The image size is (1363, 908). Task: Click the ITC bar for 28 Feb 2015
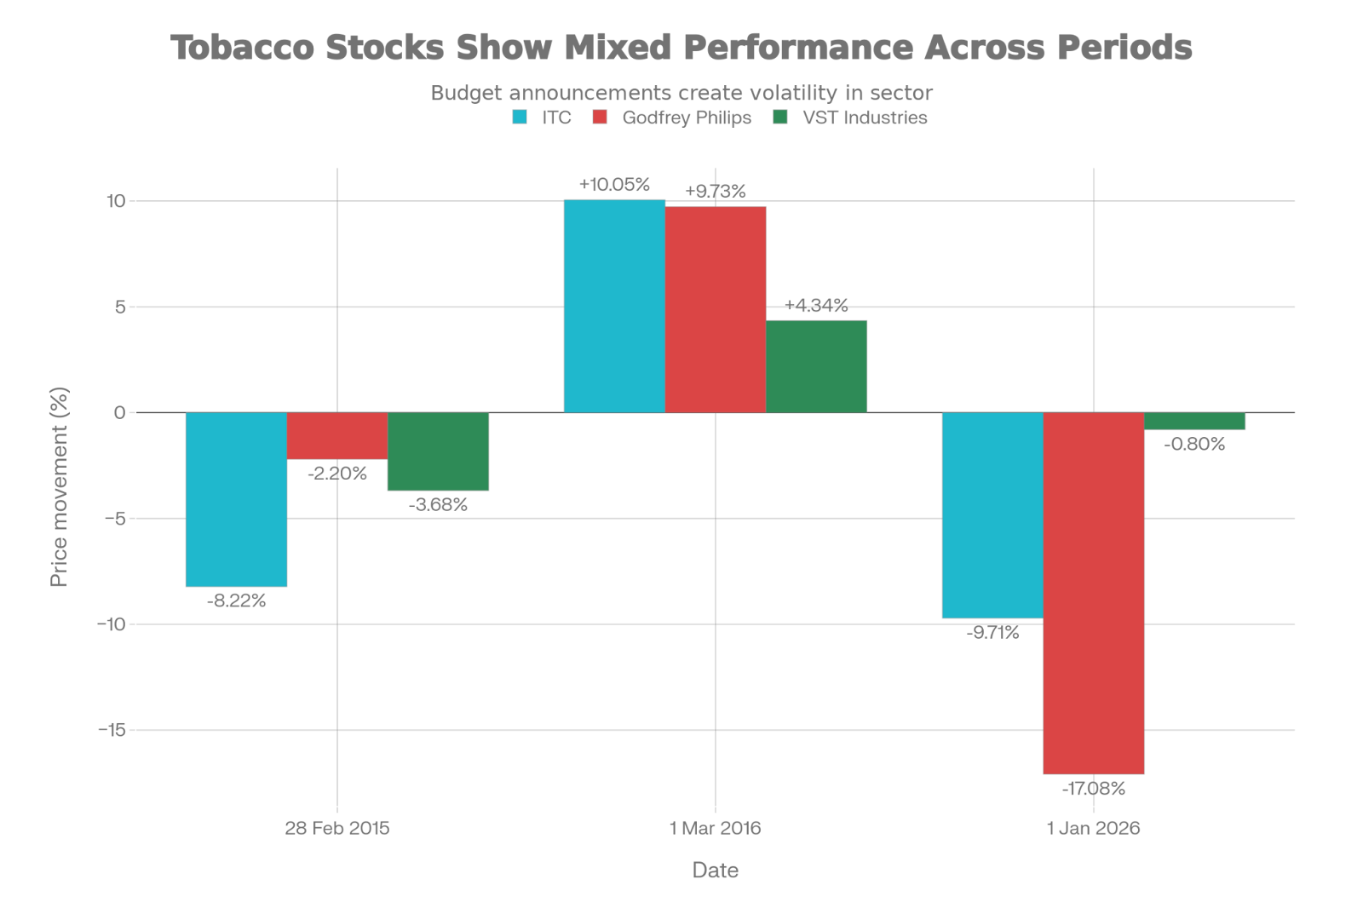click(x=236, y=500)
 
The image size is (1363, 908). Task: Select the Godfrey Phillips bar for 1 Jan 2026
click(x=1094, y=594)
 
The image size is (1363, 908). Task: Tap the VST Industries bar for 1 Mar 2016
click(x=816, y=366)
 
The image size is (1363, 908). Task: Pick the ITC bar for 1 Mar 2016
click(x=614, y=306)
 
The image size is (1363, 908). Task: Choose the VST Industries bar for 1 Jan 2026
click(x=1195, y=422)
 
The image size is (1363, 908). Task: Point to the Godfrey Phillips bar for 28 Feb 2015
click(x=337, y=436)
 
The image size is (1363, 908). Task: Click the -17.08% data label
click(x=1093, y=789)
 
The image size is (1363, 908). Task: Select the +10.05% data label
click(x=614, y=185)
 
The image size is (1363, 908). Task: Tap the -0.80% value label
click(x=1194, y=444)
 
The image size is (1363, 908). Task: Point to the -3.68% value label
click(x=438, y=504)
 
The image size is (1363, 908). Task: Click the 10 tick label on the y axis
click(x=116, y=201)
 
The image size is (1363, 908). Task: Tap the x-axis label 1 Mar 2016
click(x=715, y=828)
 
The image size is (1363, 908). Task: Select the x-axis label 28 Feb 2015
click(x=337, y=828)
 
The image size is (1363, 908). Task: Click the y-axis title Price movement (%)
click(x=60, y=487)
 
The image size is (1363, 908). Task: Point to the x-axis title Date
click(x=715, y=870)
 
